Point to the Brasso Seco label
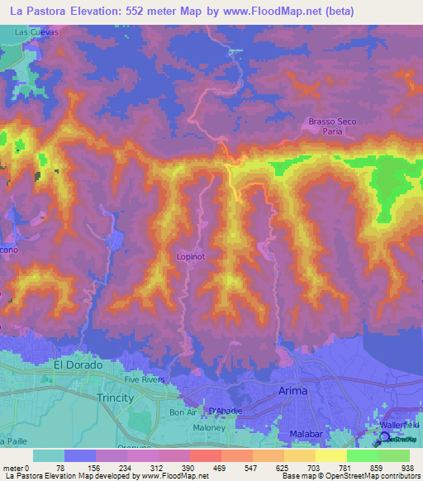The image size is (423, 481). [x=332, y=121]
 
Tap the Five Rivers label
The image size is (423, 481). [x=145, y=379]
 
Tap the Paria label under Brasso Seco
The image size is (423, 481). [x=332, y=131]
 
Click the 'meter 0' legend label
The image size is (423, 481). [x=17, y=468]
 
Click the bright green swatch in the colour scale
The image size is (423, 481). [x=362, y=455]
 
